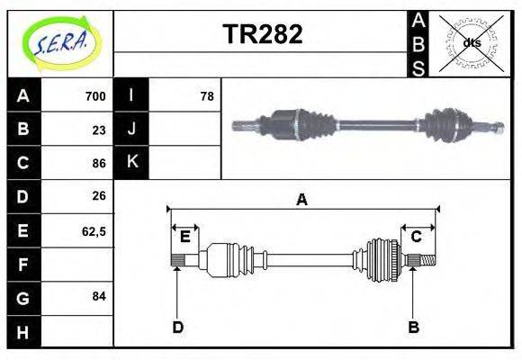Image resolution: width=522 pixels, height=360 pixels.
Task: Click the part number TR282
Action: point(262,34)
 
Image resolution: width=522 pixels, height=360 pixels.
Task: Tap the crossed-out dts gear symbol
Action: point(472,43)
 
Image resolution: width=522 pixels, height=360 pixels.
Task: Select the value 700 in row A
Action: point(94,96)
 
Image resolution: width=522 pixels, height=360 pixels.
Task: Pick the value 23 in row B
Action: point(99,130)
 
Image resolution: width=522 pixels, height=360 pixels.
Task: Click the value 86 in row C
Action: point(99,163)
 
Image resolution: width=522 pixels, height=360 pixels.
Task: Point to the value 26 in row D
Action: point(99,196)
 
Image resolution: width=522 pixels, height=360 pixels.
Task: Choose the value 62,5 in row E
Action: point(94,230)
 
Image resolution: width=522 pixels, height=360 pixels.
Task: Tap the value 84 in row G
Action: point(99,296)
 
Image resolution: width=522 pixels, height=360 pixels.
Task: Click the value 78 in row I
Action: point(206,96)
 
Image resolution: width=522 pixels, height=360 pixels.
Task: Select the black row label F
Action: point(22,264)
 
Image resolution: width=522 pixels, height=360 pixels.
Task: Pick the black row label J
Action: point(131,130)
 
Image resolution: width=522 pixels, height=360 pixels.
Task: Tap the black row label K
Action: point(131,163)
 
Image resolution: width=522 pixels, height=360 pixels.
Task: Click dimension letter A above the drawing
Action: point(301,200)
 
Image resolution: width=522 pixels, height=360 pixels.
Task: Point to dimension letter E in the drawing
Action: point(184,237)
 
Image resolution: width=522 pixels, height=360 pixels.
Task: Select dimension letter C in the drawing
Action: point(417,237)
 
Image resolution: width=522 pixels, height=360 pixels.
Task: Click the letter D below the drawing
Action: point(177,327)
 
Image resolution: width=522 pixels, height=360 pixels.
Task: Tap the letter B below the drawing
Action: point(414,327)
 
